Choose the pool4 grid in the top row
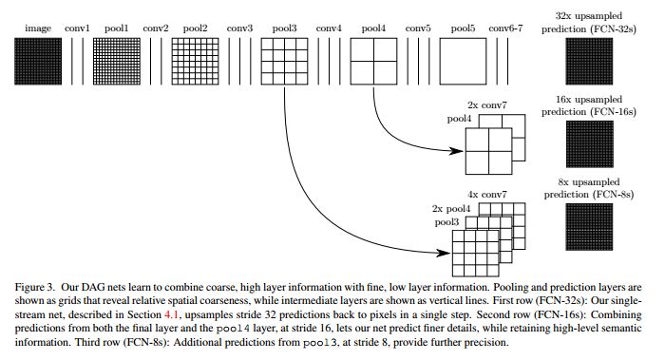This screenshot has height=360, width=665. point(375,65)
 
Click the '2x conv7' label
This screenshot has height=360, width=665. point(490,104)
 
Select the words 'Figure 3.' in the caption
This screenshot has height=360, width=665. point(37,282)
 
